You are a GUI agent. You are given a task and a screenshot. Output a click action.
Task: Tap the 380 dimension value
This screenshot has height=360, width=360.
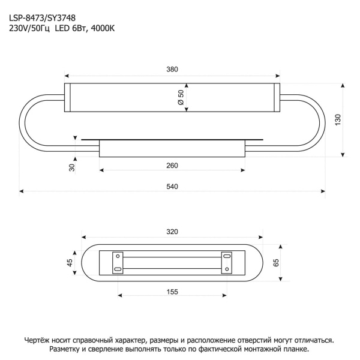point(173,70)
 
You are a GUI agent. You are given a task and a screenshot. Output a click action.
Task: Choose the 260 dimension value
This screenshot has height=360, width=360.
point(173,165)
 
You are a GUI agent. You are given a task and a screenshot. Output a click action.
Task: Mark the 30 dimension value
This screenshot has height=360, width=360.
point(72,167)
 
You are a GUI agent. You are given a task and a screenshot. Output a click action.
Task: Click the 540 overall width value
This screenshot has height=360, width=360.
point(173,187)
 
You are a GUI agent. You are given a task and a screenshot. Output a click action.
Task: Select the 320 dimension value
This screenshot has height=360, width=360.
point(173,232)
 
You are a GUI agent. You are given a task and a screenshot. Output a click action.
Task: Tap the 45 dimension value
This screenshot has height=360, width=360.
point(70,262)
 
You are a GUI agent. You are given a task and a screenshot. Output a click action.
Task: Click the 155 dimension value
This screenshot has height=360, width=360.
point(173,292)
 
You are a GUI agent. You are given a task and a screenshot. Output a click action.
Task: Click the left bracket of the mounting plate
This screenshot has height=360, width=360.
point(118,262)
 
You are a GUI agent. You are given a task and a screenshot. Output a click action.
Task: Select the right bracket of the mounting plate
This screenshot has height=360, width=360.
point(226,262)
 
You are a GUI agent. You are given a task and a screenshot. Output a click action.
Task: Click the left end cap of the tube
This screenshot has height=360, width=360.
point(67,97)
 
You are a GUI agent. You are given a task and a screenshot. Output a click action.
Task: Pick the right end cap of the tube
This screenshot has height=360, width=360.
point(277,97)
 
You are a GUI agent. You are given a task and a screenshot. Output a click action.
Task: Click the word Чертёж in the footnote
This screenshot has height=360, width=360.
point(40,339)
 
